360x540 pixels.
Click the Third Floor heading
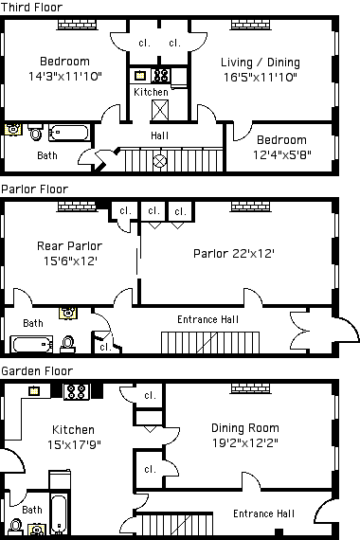(31, 8)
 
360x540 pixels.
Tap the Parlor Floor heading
(35, 189)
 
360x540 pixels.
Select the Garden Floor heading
(37, 371)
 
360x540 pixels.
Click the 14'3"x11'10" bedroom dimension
(65, 76)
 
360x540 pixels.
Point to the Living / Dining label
(261, 63)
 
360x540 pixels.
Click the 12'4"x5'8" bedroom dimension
(282, 154)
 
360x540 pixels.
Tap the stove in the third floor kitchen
(161, 75)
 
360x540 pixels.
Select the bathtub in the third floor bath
(68, 133)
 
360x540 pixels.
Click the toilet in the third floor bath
(35, 132)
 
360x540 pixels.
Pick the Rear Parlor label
(69, 246)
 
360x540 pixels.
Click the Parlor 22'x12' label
(234, 254)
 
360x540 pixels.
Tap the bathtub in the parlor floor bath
(31, 344)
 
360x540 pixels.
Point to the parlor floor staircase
(210, 342)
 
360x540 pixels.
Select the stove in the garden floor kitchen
(77, 391)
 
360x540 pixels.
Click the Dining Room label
(245, 428)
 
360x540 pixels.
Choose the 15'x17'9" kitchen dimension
(74, 444)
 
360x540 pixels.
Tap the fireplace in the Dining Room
(250, 388)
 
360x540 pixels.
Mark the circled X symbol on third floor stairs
(159, 161)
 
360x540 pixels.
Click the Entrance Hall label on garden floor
(263, 513)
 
